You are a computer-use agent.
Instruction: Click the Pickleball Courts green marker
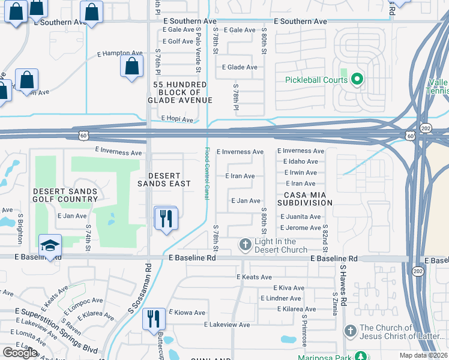tap(357, 79)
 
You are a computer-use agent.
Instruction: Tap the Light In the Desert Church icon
tap(245, 244)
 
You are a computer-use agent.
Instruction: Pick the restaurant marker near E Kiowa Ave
tap(154, 319)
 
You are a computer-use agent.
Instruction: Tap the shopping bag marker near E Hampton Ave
tap(132, 67)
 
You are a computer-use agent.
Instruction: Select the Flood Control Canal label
tap(207, 173)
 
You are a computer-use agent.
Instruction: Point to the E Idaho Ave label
tap(300, 161)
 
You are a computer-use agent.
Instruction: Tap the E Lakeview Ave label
tap(227, 325)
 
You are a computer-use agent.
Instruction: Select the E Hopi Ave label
tap(177, 120)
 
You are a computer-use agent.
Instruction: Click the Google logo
tap(20, 352)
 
